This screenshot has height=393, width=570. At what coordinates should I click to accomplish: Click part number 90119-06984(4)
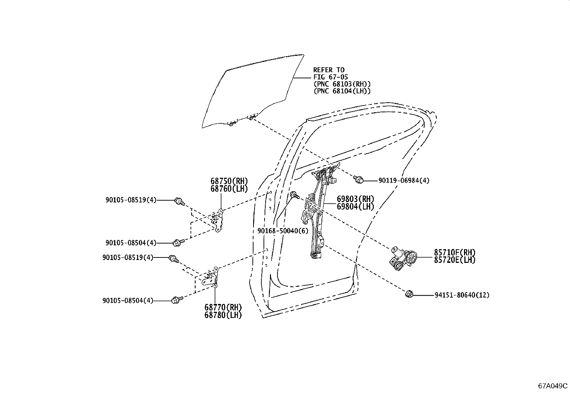pyautogui.click(x=404, y=181)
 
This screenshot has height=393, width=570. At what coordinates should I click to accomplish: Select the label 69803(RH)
pyautogui.click(x=355, y=199)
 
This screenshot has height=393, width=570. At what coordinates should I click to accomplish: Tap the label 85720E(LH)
pyautogui.click(x=455, y=260)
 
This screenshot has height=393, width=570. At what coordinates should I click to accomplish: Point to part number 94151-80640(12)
pyautogui.click(x=462, y=295)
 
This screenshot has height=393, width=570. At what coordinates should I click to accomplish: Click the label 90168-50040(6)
pyautogui.click(x=282, y=231)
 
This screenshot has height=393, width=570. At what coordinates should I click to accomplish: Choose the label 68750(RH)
pyautogui.click(x=229, y=181)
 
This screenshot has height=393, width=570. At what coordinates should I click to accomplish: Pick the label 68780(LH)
pyautogui.click(x=223, y=315)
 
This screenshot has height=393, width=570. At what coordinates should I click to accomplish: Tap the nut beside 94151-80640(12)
pyautogui.click(x=409, y=294)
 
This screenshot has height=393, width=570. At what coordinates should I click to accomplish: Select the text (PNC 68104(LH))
pyautogui.click(x=342, y=91)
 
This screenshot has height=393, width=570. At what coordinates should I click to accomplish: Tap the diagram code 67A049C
pyautogui.click(x=553, y=386)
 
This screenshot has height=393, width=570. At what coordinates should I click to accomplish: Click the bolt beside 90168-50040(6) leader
pyautogui.click(x=294, y=195)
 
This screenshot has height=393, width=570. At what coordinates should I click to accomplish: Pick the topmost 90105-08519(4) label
pyautogui.click(x=131, y=200)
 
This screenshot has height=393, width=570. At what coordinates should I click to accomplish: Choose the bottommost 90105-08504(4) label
pyautogui.click(x=127, y=301)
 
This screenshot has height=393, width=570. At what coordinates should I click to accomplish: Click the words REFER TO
pyautogui.click(x=329, y=70)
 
